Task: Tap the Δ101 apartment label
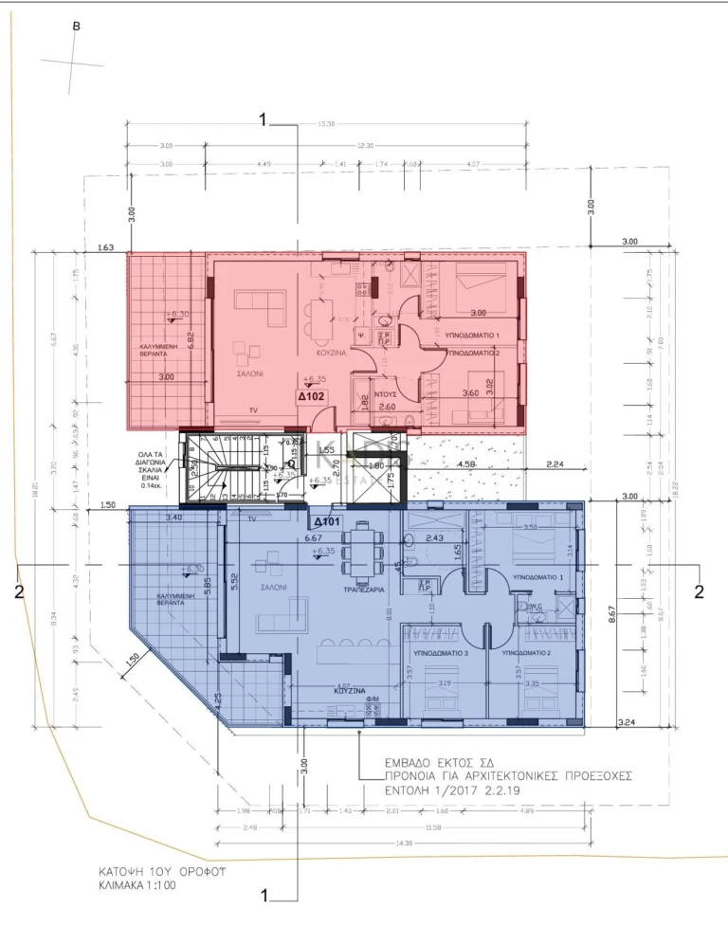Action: point(327,520)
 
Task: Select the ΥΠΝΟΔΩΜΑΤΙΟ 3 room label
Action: point(440,654)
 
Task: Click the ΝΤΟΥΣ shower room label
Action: point(384,391)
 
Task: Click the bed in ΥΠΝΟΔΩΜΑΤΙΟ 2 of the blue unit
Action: point(543,697)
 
